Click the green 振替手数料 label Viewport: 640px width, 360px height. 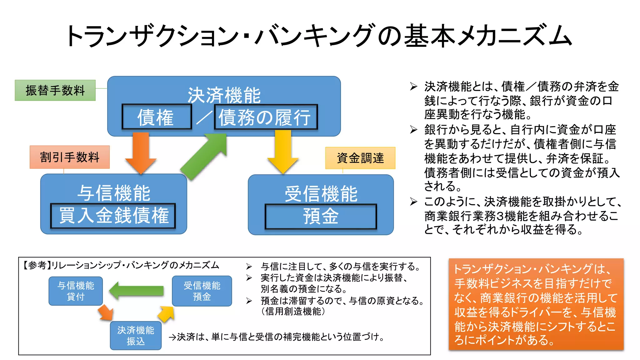pos(55,90)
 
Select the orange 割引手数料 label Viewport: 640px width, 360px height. pos(69,157)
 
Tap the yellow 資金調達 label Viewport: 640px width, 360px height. pos(360,158)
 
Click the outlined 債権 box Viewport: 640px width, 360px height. pos(156,117)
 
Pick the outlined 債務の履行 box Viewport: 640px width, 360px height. pos(266,117)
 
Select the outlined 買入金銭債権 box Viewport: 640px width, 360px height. pos(113,216)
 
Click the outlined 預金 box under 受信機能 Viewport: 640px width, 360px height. pos(321,216)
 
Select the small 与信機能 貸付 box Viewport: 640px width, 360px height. pos(76,291)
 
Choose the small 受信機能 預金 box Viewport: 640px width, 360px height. pos(202,291)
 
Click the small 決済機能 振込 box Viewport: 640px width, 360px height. pos(136,335)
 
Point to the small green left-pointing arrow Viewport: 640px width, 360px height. pos(137,291)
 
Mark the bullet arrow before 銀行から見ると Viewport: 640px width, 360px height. pos(413,130)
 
